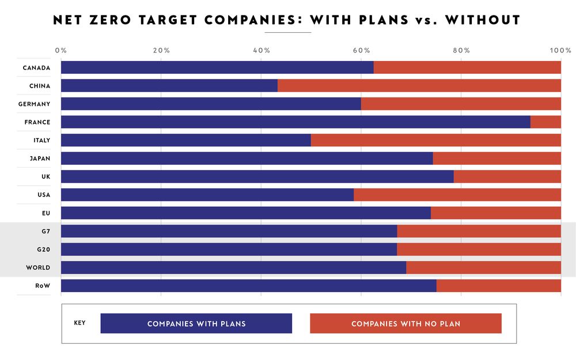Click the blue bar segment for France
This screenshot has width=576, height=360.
(295, 122)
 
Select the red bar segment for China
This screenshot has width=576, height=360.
(419, 86)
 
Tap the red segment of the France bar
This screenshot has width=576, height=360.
(545, 122)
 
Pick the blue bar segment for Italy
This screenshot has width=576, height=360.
(186, 141)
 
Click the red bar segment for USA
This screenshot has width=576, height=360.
(457, 195)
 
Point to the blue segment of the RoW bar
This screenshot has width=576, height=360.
(248, 286)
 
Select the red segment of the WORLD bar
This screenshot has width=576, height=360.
(483, 268)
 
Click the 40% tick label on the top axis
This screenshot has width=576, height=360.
(262, 51)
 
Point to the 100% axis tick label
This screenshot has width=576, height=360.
(560, 51)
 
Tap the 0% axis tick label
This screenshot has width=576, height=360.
(61, 51)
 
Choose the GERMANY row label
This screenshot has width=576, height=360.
(34, 104)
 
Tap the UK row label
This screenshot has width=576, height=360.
(46, 177)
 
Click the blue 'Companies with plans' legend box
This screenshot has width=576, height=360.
(196, 324)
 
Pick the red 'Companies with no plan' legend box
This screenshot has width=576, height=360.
(406, 324)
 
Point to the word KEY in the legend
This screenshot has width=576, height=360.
(79, 323)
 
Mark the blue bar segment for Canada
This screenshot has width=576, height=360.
(217, 68)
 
